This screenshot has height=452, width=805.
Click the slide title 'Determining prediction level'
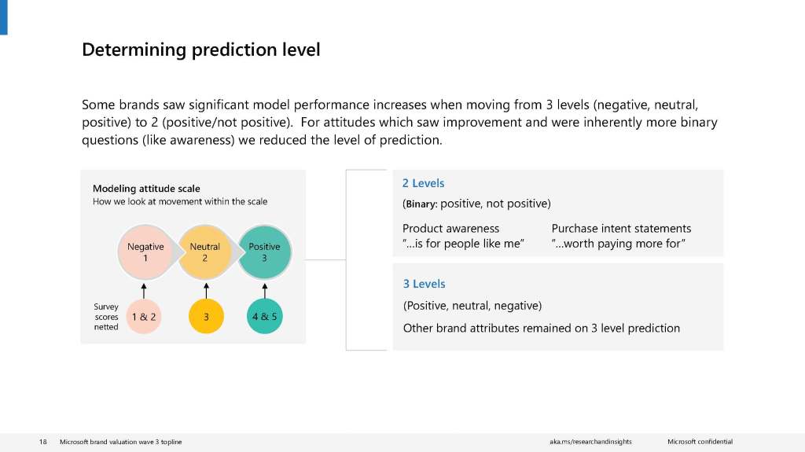tap(200, 50)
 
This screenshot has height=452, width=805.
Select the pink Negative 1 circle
tap(145, 252)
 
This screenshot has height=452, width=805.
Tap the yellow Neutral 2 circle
tap(205, 252)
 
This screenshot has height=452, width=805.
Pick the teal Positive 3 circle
tap(264, 252)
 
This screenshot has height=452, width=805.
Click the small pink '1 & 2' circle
tap(144, 316)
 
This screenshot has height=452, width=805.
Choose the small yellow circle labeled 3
tap(207, 316)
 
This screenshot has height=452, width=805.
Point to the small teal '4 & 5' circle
tap(265, 316)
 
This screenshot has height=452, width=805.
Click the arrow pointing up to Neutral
tap(207, 290)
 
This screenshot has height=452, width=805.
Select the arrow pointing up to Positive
tap(265, 291)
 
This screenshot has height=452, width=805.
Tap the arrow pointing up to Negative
tap(144, 291)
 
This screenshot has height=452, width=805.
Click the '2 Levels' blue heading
tap(423, 183)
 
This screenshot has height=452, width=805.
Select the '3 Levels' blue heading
tap(424, 284)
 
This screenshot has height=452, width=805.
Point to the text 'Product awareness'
tap(450, 229)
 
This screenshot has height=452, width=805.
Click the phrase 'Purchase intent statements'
tap(621, 229)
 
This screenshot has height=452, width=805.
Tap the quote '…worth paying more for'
tap(619, 244)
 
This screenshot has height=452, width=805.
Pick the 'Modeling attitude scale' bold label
tap(146, 189)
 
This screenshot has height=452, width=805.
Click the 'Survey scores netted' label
tap(106, 316)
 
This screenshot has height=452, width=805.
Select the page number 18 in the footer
tap(43, 442)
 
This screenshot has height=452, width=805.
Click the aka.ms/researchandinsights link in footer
tap(590, 442)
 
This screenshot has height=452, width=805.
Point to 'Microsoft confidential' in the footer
tap(700, 442)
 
